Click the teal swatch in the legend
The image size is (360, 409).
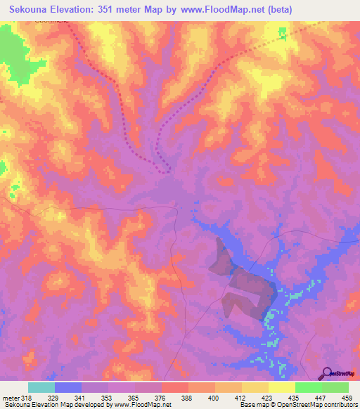(41, 387)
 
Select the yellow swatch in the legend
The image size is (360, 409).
(281, 387)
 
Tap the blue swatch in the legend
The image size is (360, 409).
(67, 387)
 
